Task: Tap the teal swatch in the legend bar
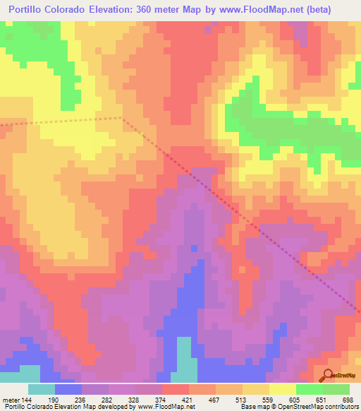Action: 42,388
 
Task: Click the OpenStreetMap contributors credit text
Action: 317,407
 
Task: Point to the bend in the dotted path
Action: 121,118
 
